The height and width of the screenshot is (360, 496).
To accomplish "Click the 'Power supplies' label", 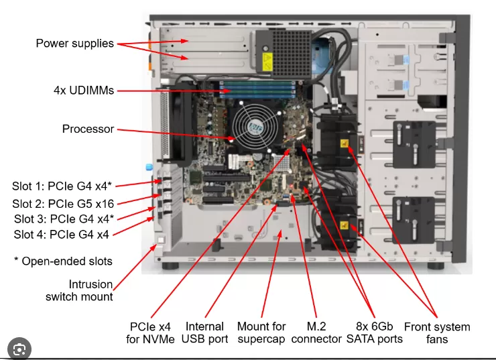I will [x=74, y=44].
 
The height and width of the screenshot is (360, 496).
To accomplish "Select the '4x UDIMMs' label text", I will [x=83, y=90].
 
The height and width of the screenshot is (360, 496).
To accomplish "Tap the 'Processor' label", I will [x=88, y=129].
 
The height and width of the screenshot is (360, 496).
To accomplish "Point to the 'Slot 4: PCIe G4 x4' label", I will [x=62, y=235].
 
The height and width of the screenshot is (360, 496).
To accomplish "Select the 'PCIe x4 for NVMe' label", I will [x=152, y=333].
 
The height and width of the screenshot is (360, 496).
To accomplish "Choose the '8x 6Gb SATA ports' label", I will [x=374, y=333].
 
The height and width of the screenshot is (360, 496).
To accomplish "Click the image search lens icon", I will [x=20, y=349].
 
